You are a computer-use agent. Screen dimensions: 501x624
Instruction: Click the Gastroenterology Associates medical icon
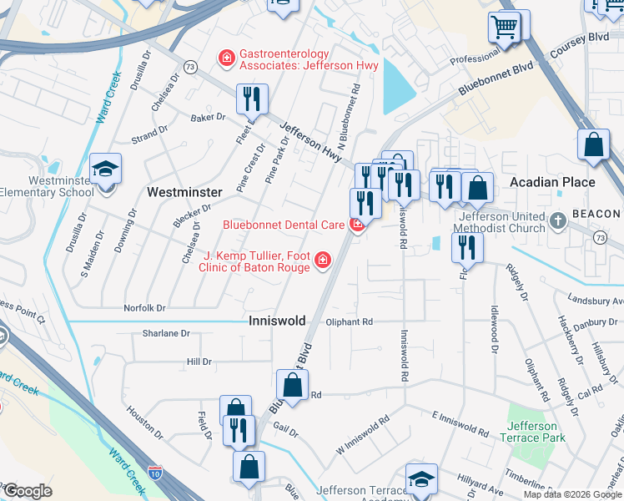(x=225, y=58)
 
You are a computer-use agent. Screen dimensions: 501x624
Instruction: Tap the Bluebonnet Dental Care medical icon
(x=357, y=224)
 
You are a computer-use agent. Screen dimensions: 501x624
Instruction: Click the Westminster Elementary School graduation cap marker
(x=106, y=170)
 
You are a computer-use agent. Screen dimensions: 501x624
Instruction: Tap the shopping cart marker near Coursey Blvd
(x=505, y=28)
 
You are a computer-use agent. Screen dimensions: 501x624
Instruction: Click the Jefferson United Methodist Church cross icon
(x=558, y=221)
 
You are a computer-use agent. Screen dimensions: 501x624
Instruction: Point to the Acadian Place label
(x=552, y=182)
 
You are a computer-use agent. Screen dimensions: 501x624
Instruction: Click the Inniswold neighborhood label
(x=277, y=321)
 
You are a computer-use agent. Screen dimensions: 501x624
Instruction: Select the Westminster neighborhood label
(x=184, y=192)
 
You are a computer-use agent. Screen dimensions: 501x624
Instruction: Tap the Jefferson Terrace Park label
(x=532, y=432)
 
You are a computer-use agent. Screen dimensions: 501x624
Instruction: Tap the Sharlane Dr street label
(x=166, y=333)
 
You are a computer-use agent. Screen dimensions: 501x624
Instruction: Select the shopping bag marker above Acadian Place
(x=592, y=145)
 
